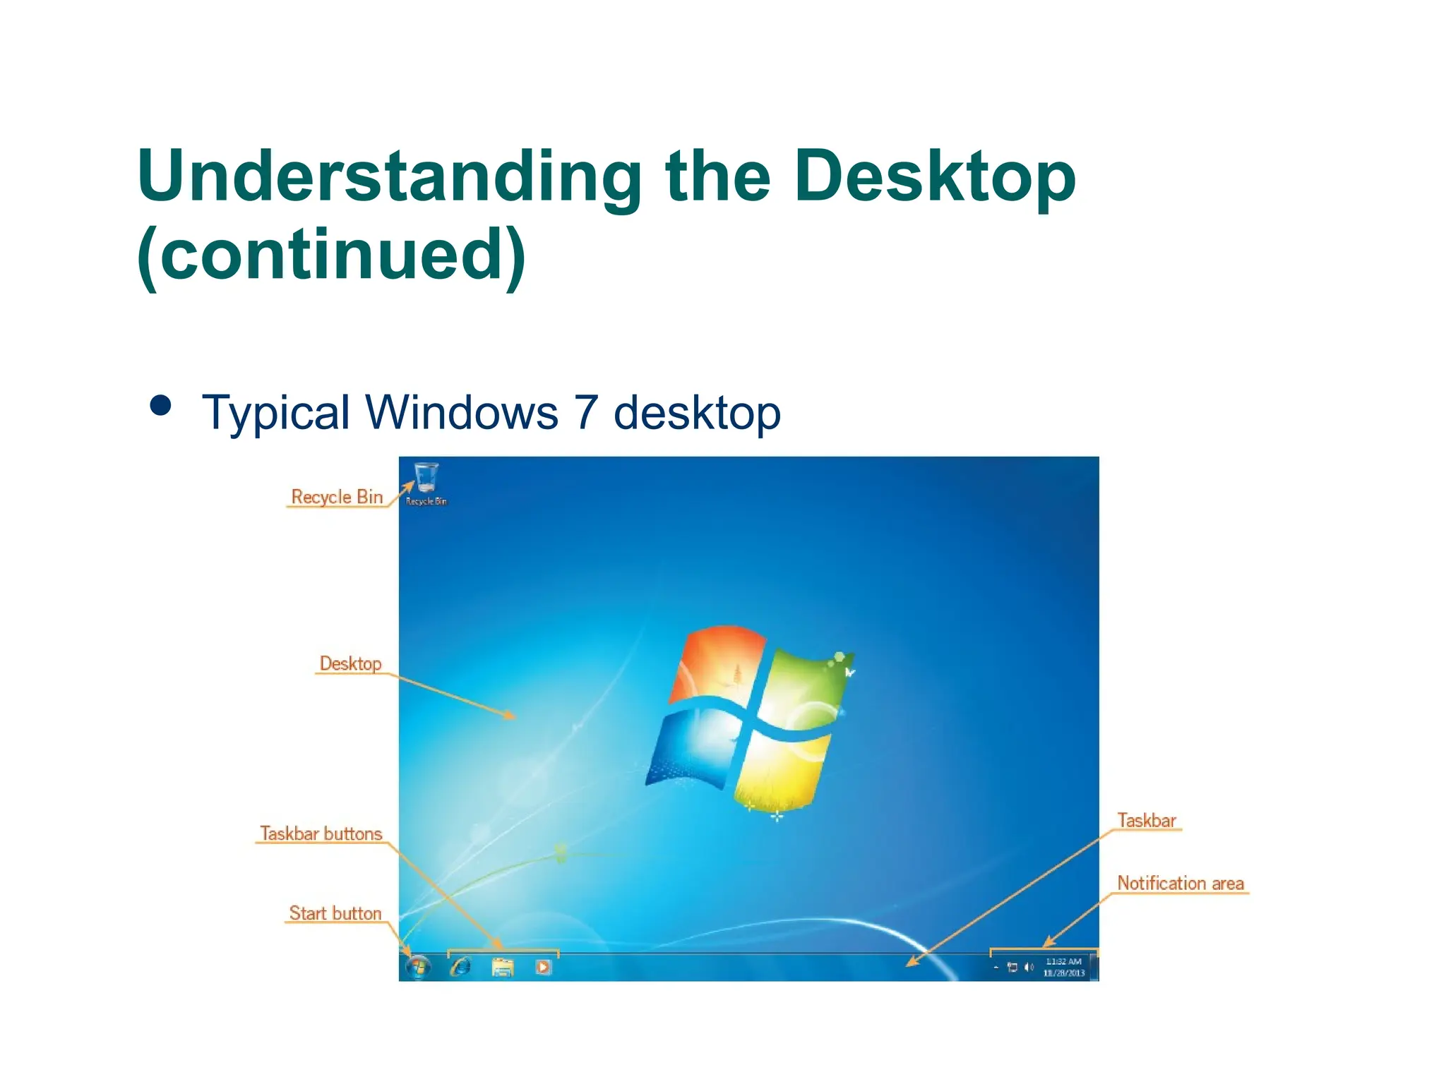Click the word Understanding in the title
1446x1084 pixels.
coord(389,176)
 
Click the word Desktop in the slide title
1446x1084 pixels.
coord(934,176)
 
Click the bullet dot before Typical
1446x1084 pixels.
coord(161,406)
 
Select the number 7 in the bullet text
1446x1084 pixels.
coord(586,412)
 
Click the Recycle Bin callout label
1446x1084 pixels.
coord(337,497)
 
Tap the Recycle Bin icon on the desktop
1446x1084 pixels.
coord(426,478)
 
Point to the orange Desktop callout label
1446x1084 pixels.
coord(350,663)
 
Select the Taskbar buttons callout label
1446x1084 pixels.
coord(321,833)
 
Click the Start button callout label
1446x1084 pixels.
coord(335,913)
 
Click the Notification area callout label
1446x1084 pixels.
coord(1180,883)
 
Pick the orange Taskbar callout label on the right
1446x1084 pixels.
coord(1147,820)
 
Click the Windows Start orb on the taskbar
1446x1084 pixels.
coord(418,966)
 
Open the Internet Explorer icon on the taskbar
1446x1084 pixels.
coord(460,966)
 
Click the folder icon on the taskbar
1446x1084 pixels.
coord(503,967)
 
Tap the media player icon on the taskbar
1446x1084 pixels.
coord(543,967)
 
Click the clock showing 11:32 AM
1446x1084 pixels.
coord(1063,962)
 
